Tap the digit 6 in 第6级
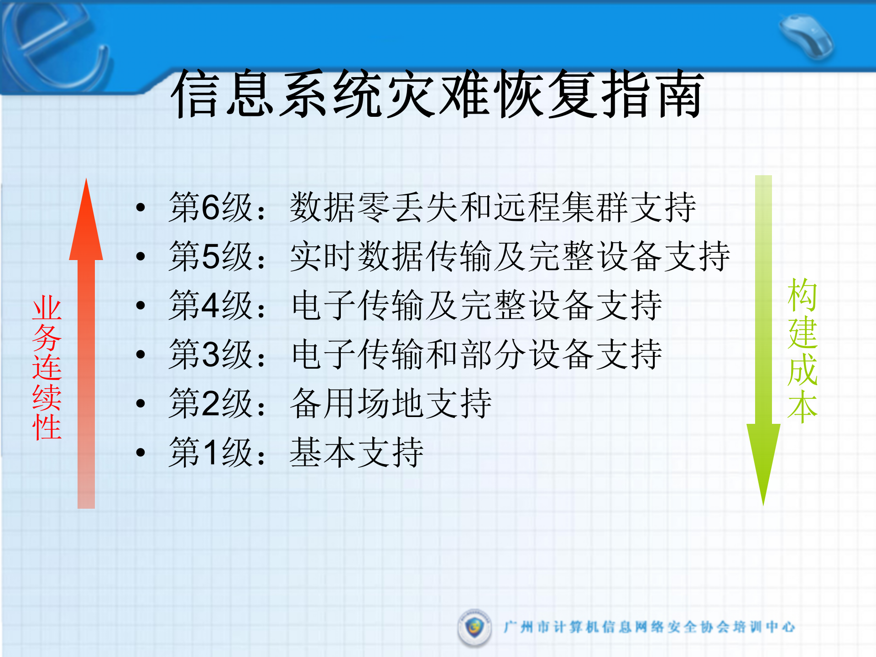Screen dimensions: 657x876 pos(211,208)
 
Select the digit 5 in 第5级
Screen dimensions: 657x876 pos(211,256)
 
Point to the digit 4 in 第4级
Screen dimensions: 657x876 pos(211,305)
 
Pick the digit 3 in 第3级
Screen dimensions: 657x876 pos(211,355)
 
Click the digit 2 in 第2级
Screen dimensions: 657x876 pos(211,403)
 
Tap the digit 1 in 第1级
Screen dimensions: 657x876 pos(211,452)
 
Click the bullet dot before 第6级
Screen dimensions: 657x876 pos(141,208)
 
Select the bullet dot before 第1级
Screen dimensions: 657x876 pos(141,452)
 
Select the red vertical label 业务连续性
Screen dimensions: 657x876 pos(47,367)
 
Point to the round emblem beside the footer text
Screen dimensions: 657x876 pos(474,627)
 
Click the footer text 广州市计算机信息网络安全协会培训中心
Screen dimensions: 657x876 pos(649,627)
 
